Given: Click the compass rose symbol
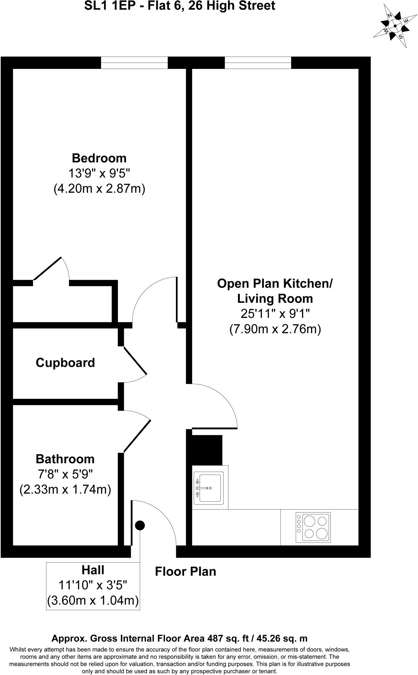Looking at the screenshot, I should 395,26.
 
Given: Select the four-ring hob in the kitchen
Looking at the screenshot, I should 313,527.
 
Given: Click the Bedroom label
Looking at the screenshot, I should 99,158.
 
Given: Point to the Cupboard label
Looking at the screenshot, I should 65,363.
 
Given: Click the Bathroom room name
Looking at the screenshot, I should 65,459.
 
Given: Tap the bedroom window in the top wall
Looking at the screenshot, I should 134,63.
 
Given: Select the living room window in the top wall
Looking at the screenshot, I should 258,63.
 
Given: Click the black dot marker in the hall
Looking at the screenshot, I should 140,525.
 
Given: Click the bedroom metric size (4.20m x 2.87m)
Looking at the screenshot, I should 99,189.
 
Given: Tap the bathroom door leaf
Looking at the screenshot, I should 137,435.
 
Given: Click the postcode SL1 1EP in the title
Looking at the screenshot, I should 104,6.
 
